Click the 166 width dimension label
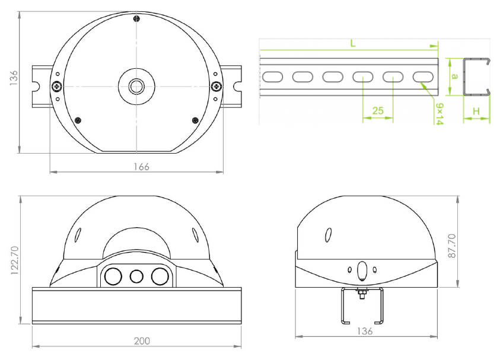click(141, 167)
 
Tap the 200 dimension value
click(142, 341)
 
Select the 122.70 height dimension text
click(14, 260)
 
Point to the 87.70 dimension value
click(452, 246)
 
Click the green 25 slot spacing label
click(378, 111)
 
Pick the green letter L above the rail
click(353, 43)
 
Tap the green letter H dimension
click(476, 111)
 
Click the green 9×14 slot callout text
click(440, 114)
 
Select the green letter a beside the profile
click(455, 77)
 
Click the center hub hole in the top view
click(136, 86)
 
